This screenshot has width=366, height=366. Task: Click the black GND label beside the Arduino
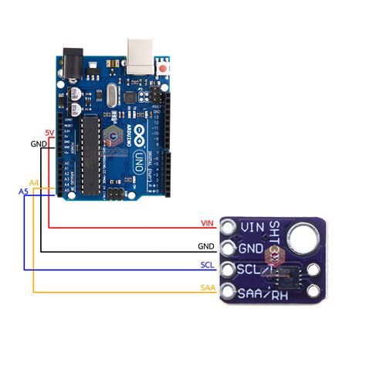click(39, 144)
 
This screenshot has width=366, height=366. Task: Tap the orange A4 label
click(33, 182)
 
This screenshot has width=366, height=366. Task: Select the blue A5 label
click(23, 190)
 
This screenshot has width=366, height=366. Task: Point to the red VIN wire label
click(206, 223)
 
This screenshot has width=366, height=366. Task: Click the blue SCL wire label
click(206, 264)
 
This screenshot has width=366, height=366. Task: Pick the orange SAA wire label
click(206, 287)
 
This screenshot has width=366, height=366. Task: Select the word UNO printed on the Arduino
click(138, 161)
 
